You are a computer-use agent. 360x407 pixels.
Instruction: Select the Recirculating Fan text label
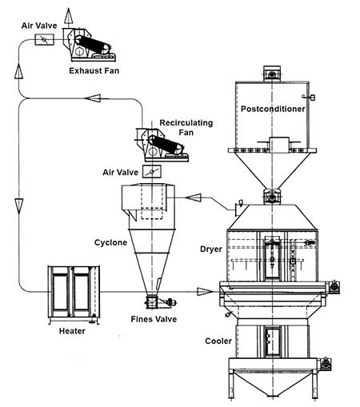pyautogui.click(x=165, y=124)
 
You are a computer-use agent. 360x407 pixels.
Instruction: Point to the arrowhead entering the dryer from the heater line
pyautogui.click(x=206, y=293)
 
